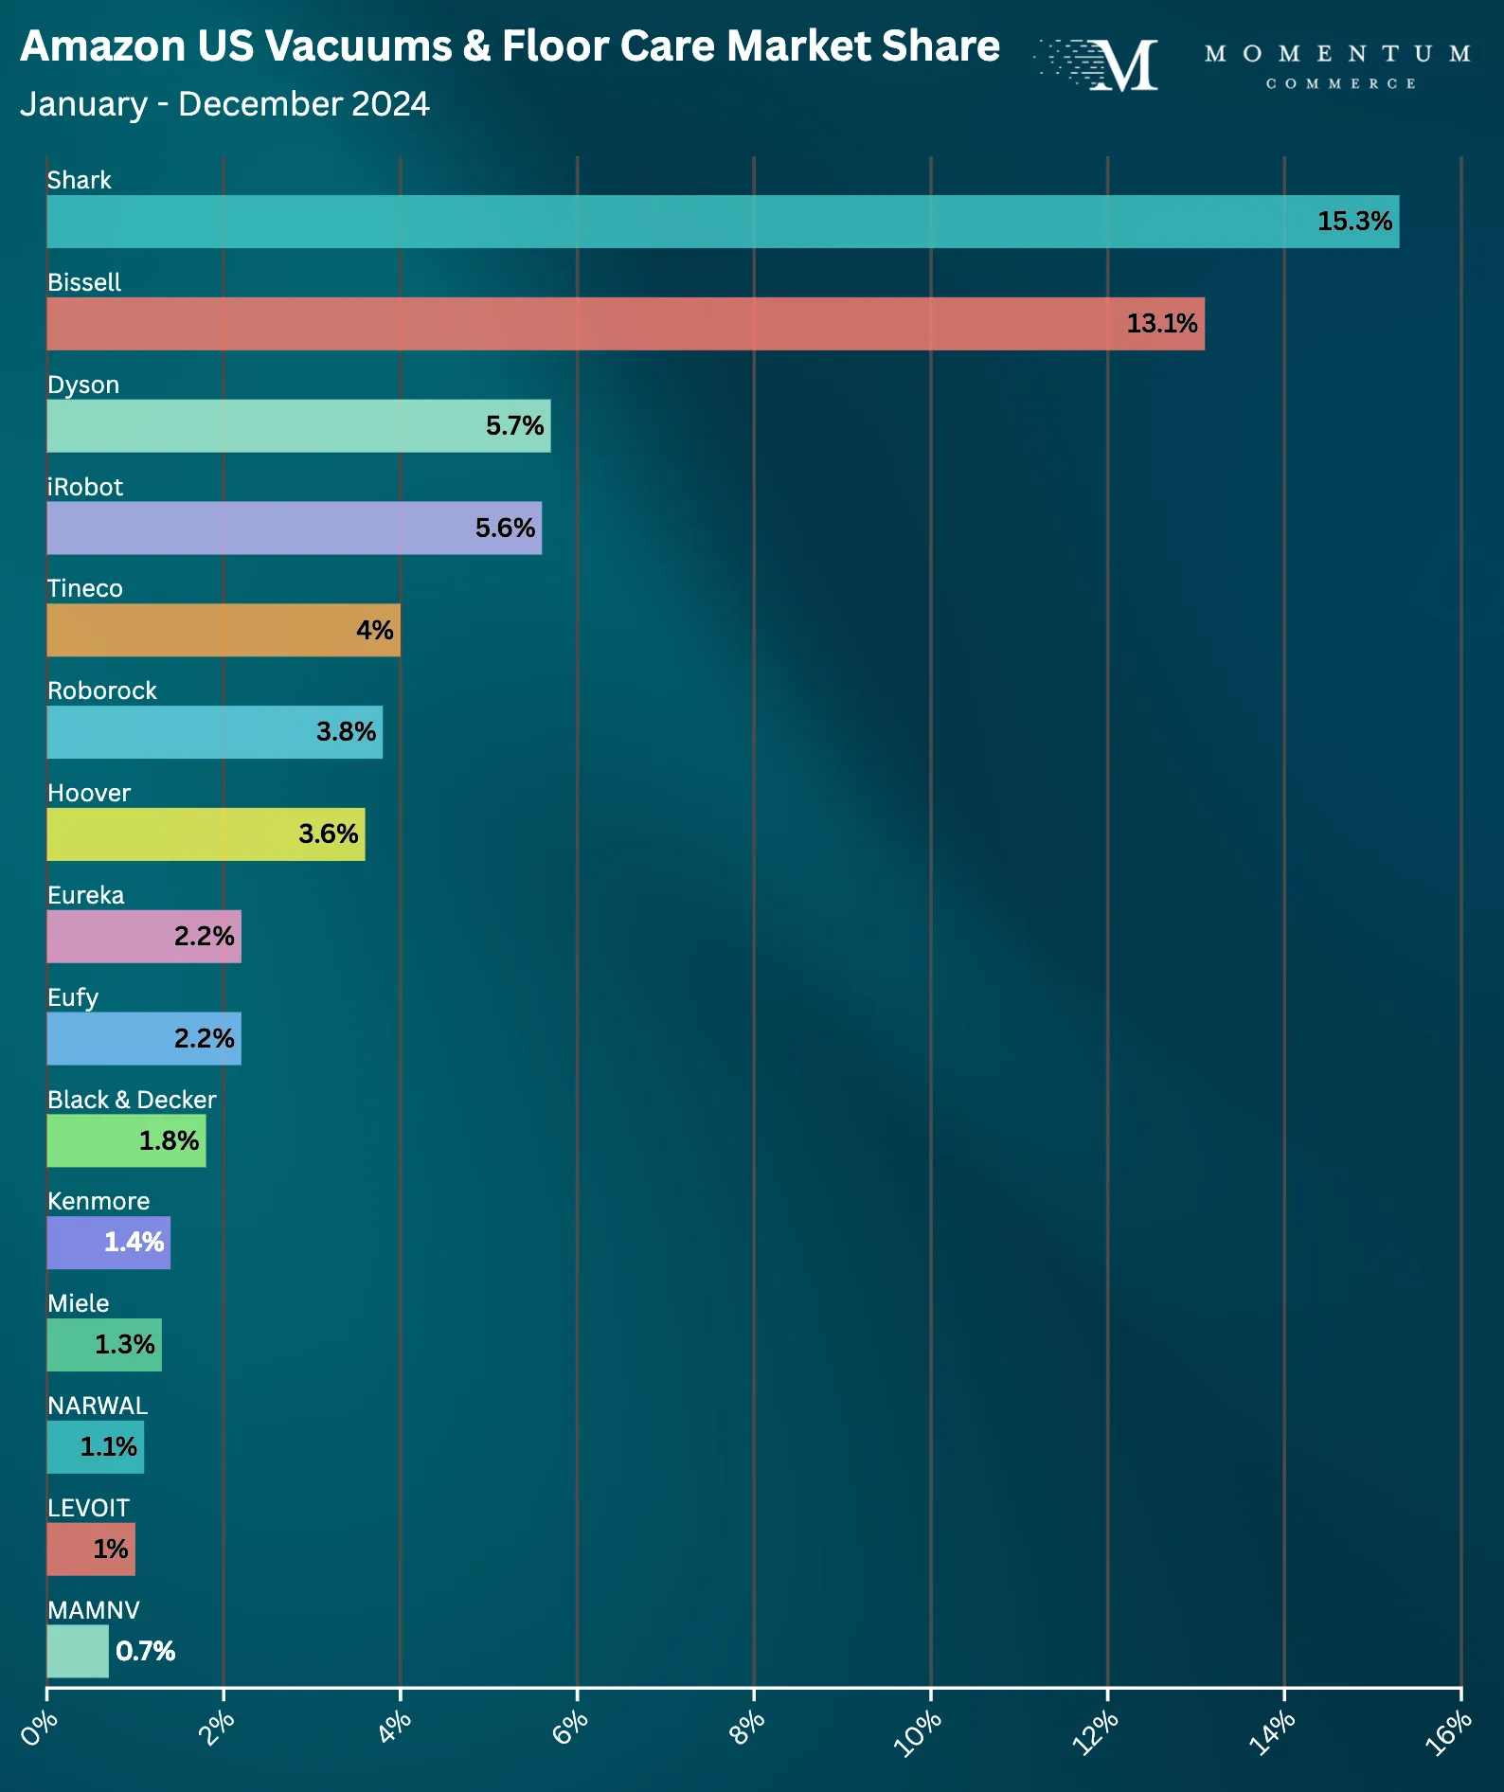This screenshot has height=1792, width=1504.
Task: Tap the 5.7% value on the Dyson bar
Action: coord(514,426)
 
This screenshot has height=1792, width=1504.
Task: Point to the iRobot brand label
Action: coord(85,487)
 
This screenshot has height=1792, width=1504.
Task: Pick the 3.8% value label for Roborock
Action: coord(346,732)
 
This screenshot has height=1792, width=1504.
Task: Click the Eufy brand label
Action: coord(73,997)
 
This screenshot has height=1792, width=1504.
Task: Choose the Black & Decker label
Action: coord(132,1100)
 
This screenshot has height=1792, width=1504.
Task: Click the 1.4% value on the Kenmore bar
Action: coord(134,1243)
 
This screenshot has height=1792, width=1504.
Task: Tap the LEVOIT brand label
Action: coord(88,1508)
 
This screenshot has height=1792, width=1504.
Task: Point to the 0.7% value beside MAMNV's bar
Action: coord(145,1652)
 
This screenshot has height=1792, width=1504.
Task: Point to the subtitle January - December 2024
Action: coord(224,104)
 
